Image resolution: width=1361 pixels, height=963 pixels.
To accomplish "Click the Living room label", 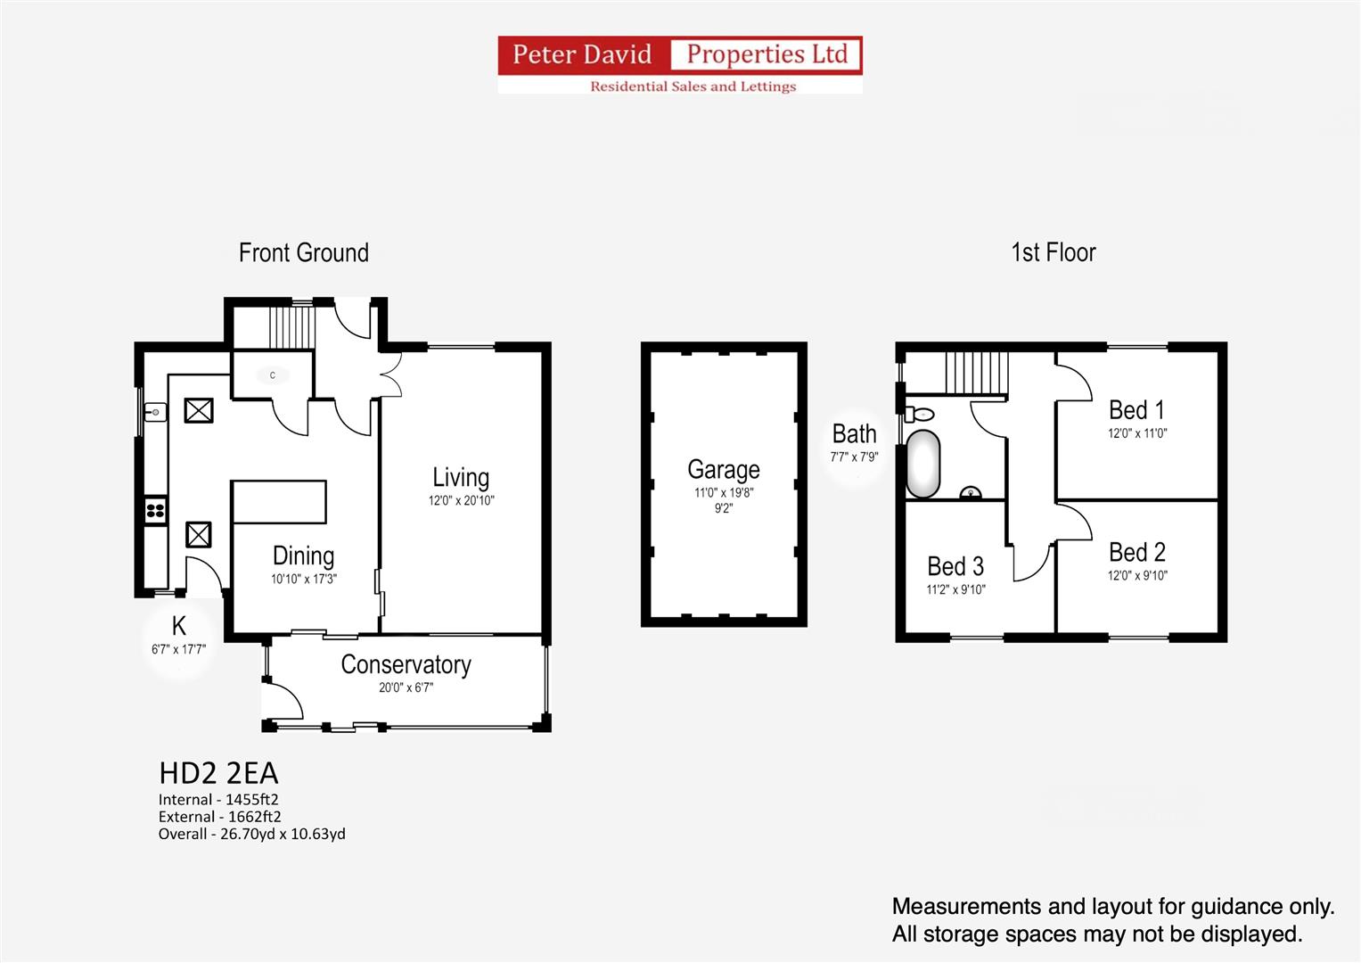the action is pyautogui.click(x=461, y=478).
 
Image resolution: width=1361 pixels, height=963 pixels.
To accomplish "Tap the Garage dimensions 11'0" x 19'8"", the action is pyautogui.click(x=724, y=492).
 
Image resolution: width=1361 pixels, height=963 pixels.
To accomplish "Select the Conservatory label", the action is pyautogui.click(x=406, y=664).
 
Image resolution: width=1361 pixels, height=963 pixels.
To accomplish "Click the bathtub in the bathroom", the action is pyautogui.click(x=922, y=465).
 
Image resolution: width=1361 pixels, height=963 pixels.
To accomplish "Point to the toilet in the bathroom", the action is pyautogui.click(x=919, y=415).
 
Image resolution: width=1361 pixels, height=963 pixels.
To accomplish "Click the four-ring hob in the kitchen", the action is pyautogui.click(x=156, y=511).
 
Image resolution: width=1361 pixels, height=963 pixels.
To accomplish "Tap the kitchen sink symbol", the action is pyautogui.click(x=155, y=413).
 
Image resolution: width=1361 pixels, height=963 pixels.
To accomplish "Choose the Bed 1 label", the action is pyautogui.click(x=1136, y=410).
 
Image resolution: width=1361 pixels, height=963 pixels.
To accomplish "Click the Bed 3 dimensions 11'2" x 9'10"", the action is pyautogui.click(x=955, y=589).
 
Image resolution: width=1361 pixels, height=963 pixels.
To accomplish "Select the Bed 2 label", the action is pyautogui.click(x=1136, y=553).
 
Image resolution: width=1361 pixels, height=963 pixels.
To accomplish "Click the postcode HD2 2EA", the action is pyautogui.click(x=218, y=774).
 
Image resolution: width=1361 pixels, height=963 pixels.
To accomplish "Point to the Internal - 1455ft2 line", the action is pyautogui.click(x=218, y=800).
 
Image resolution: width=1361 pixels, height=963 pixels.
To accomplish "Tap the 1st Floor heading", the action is pyautogui.click(x=1054, y=252).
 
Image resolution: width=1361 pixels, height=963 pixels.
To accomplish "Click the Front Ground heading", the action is pyautogui.click(x=304, y=253).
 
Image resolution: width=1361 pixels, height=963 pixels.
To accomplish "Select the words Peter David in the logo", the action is pyautogui.click(x=582, y=54).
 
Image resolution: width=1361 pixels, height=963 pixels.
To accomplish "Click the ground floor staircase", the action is pyautogui.click(x=292, y=328).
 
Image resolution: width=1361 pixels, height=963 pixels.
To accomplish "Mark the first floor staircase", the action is pyautogui.click(x=976, y=374).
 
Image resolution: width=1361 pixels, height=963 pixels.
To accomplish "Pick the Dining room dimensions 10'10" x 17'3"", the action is pyautogui.click(x=304, y=579).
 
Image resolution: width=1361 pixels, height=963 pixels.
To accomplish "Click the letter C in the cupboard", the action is pyautogui.click(x=272, y=375).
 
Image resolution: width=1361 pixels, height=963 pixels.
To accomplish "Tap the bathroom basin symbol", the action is pyautogui.click(x=971, y=492).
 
